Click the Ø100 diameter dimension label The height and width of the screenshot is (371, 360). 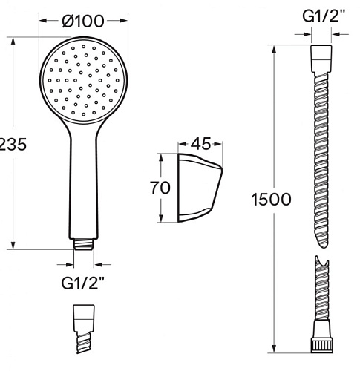click(83, 21)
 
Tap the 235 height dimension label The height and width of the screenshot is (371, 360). click(13, 145)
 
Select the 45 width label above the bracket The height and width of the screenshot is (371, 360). click(201, 144)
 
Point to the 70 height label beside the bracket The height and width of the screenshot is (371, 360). click(160, 188)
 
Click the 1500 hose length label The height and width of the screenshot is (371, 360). click(271, 200)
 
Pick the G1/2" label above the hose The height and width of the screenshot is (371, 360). click(324, 16)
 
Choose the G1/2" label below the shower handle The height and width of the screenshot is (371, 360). click(82, 283)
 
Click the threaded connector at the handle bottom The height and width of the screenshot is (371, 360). click(84, 244)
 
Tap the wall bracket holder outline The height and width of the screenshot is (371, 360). click(200, 188)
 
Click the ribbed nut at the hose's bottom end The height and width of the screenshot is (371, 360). click(321, 346)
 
